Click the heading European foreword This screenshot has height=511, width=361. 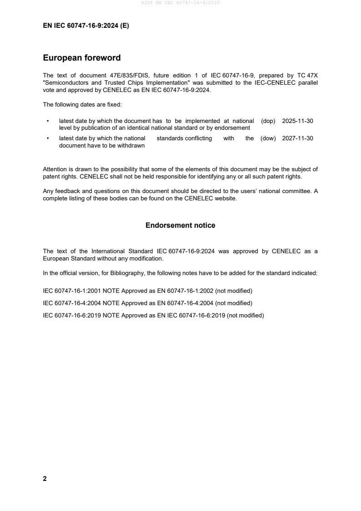[x=81, y=58]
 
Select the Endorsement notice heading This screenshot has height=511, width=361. [x=180, y=225]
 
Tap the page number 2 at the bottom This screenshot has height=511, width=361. [x=45, y=479]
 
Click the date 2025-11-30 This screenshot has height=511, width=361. [x=297, y=121]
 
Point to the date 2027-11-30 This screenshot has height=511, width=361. [x=297, y=138]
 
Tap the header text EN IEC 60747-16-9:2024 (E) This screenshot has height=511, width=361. [x=86, y=26]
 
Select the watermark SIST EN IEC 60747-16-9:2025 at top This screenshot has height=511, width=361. [x=180, y=3]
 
